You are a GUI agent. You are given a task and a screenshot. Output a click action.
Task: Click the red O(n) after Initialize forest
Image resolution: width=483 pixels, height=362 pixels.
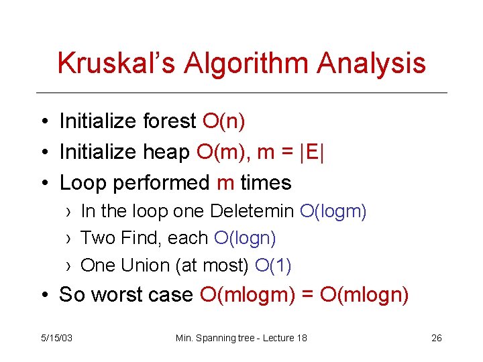click(x=223, y=121)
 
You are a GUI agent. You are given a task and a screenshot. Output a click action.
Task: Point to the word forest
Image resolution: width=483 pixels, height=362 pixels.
click(x=169, y=121)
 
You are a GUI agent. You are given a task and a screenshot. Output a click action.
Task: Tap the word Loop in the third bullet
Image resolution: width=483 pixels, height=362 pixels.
click(x=82, y=182)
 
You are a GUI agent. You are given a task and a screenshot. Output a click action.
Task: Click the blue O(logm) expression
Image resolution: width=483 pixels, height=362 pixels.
click(x=333, y=212)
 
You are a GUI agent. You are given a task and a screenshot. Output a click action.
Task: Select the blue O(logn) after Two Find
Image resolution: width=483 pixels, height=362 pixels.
click(x=245, y=238)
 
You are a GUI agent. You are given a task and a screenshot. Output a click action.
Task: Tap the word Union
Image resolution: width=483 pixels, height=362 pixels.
click(x=145, y=265)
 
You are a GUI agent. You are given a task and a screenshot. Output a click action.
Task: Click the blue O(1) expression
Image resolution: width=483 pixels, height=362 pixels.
click(x=274, y=265)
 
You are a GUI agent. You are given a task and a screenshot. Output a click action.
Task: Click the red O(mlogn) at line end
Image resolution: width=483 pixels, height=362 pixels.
click(x=362, y=294)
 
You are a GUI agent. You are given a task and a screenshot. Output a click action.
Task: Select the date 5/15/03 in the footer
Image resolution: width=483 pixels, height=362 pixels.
click(x=57, y=338)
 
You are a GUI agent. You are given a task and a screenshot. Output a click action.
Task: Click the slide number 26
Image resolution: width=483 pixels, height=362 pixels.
click(x=436, y=338)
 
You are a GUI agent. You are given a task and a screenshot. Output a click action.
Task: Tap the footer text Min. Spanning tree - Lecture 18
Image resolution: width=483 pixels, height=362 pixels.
click(x=241, y=338)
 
